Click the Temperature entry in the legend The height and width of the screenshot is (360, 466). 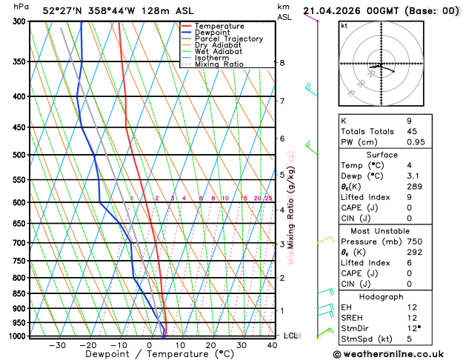click(x=221, y=26)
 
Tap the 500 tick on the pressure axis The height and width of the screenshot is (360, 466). click(x=19, y=155)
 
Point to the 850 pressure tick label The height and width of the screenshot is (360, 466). click(x=19, y=293)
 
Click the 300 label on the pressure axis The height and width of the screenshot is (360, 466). click(x=19, y=21)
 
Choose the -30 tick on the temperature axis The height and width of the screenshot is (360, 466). click(x=56, y=344)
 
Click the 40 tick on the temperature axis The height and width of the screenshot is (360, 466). click(x=273, y=344)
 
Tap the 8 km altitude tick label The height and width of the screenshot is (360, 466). click(x=282, y=63)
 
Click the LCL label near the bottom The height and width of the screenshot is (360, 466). click(x=290, y=336)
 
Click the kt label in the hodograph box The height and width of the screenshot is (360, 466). click(x=344, y=25)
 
